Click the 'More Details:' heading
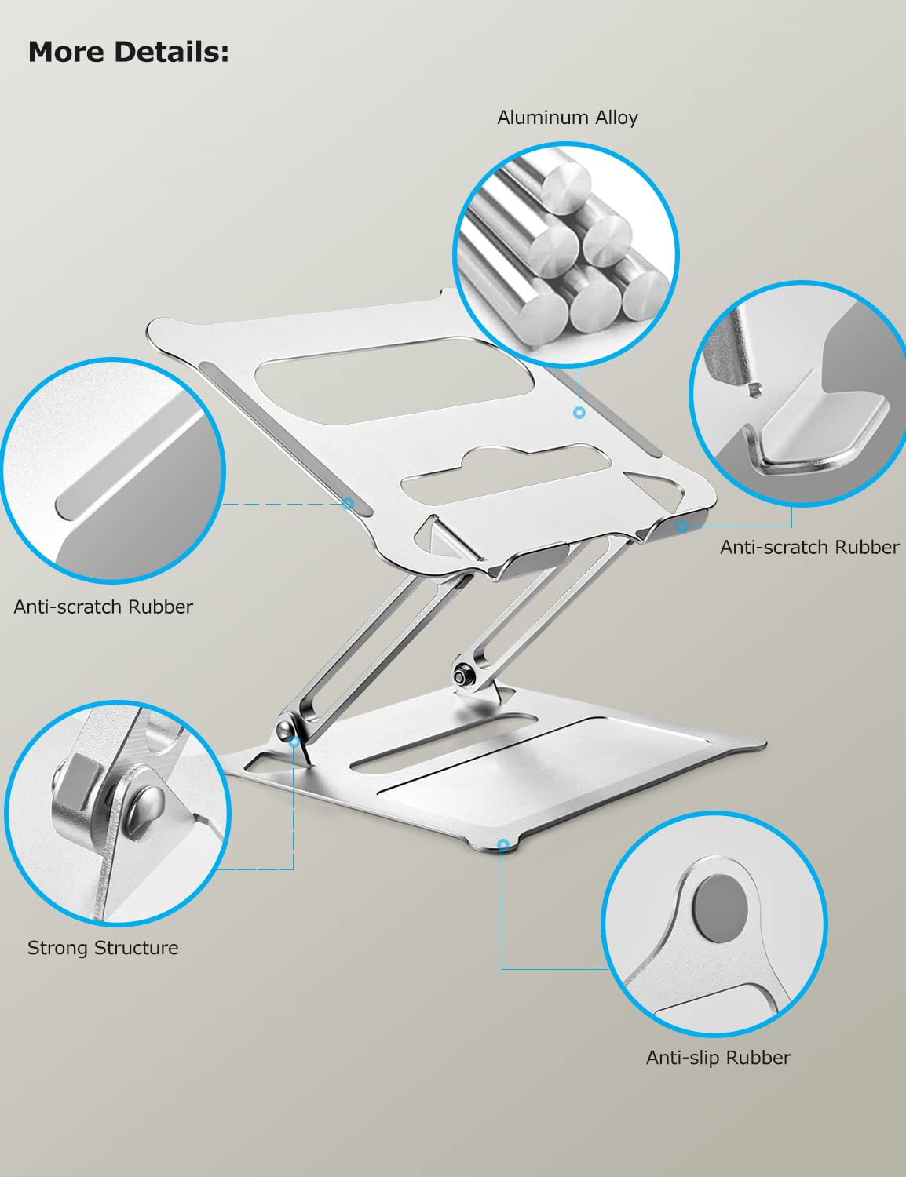point(129,53)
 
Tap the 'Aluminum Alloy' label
point(568,118)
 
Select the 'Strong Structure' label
point(103,948)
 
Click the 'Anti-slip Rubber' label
point(718,1057)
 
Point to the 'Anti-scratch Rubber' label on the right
point(809,547)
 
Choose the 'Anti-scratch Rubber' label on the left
point(103,607)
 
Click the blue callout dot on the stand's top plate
point(579,413)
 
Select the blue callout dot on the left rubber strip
point(348,504)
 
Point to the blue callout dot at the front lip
point(683,526)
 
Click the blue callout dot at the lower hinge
point(294,742)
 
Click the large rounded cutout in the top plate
point(394,381)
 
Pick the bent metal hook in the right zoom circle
point(818,433)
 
